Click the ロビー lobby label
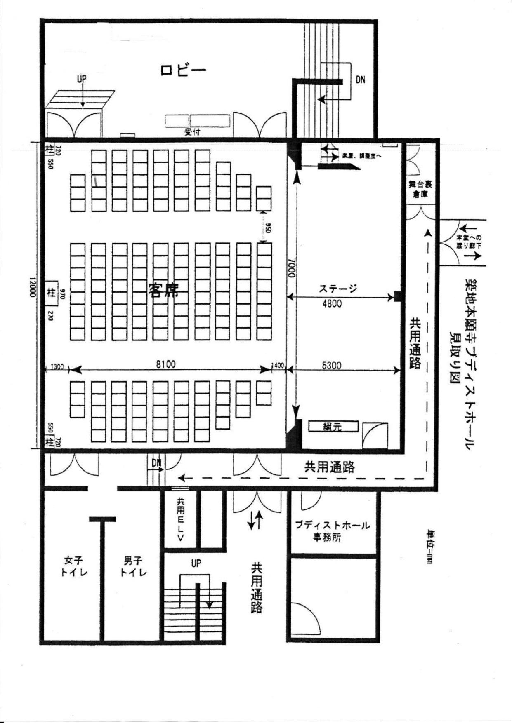click(183, 70)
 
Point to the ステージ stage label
click(337, 289)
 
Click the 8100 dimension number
click(165, 364)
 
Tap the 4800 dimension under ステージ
click(332, 304)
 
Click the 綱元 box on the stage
click(333, 427)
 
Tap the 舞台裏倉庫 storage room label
click(420, 189)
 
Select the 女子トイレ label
click(73, 566)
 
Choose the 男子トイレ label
click(133, 566)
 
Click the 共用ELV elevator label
click(180, 519)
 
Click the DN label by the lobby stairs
click(360, 80)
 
